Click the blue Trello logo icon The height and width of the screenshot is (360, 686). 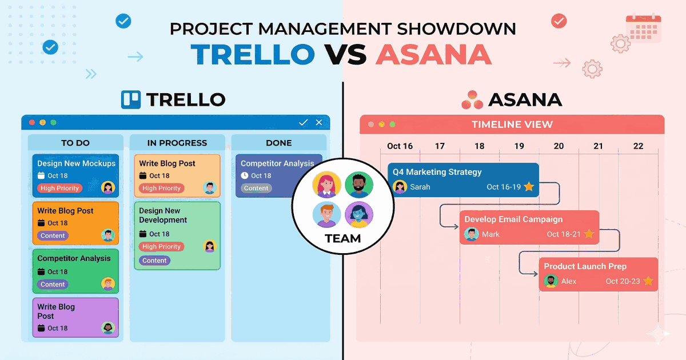pos(131,99)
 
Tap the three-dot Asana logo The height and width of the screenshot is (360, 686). pos(472,99)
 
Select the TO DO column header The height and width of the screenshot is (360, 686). pos(75,143)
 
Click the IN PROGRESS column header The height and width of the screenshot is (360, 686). pos(177,143)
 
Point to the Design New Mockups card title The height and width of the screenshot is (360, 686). pos(76,163)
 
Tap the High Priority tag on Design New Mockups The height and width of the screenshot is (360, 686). pos(60,188)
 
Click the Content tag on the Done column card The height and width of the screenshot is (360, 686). pos(256,188)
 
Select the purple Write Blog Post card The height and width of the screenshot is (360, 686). pos(75,317)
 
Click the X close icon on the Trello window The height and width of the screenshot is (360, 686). pos(319,122)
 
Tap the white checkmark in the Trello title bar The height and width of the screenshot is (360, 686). pos(304,122)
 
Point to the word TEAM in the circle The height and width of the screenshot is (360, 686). pos(343,238)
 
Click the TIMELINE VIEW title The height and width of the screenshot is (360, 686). pos(512,125)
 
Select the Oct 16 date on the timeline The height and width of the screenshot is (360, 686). pos(400,146)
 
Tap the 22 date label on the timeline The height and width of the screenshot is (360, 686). pos(638,146)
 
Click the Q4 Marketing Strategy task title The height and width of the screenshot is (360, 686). pos(437,172)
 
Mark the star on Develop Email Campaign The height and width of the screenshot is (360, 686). pos(589,234)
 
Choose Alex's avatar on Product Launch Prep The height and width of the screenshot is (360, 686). pos(551,281)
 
